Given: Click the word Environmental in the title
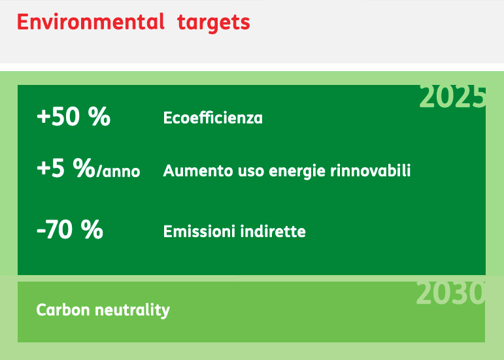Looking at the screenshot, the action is (91, 22).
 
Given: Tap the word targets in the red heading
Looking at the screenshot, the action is (213, 23).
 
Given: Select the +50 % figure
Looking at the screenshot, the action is (74, 116).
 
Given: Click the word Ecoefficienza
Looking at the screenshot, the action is (213, 118).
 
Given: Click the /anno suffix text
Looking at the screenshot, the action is (118, 171).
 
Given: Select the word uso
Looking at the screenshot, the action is (252, 171).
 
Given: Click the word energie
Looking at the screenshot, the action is (297, 171).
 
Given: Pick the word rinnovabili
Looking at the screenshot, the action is (371, 171).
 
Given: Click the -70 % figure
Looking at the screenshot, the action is (70, 229).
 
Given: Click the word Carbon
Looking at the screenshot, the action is (63, 310).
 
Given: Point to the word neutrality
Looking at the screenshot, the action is (133, 310).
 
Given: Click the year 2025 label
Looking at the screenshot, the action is (452, 97).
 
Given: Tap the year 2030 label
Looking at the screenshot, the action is (450, 293).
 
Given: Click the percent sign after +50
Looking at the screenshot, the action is (99, 116).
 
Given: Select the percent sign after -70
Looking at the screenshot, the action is (92, 229).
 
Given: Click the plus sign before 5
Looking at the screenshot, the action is (43, 169).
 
